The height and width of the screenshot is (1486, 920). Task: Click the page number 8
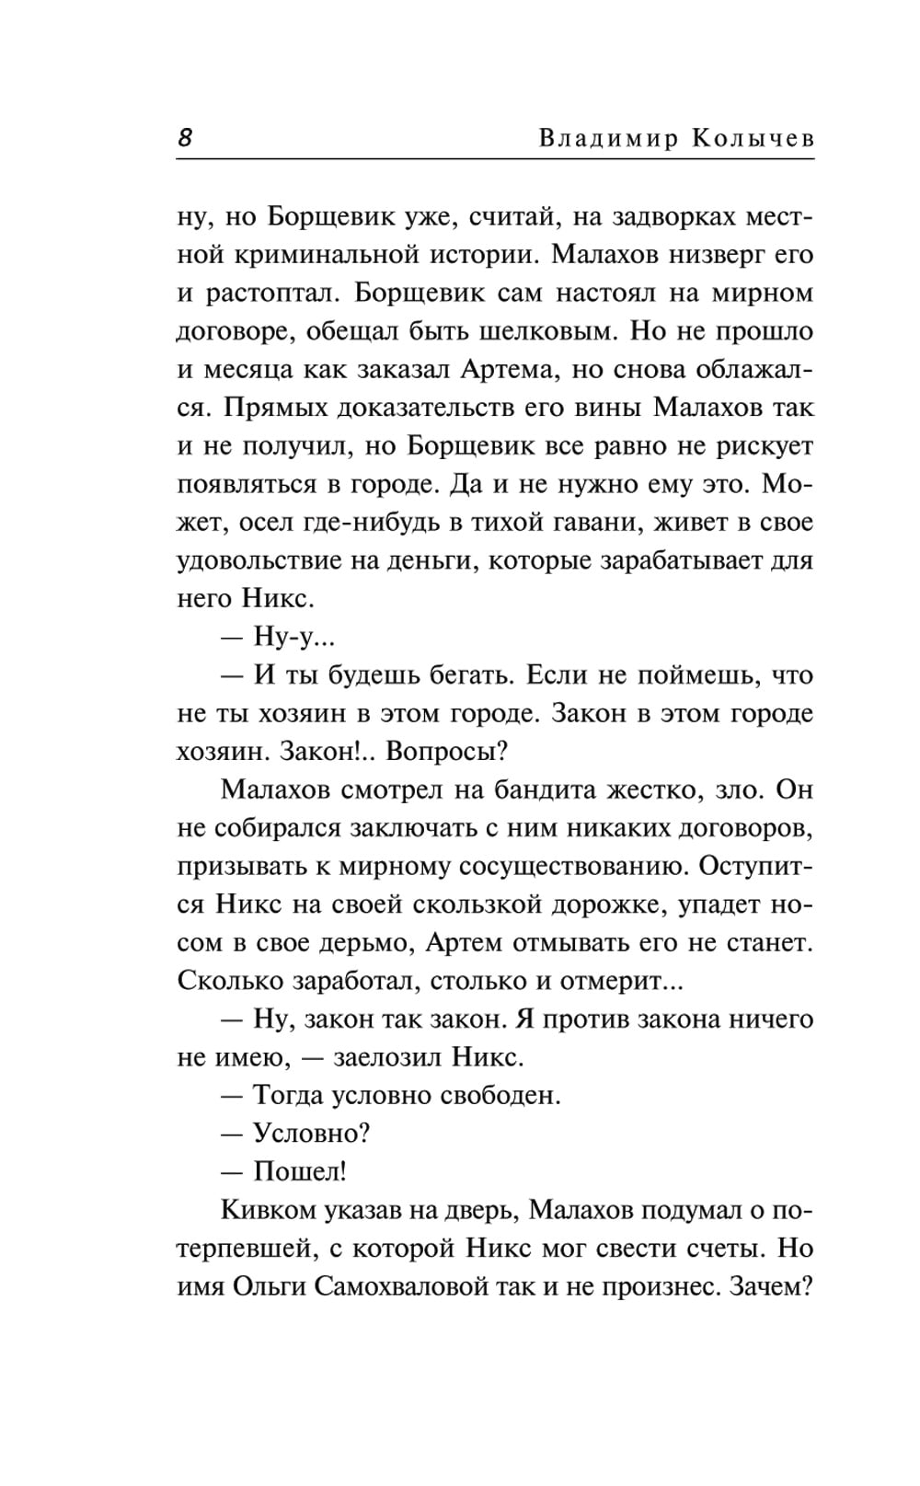[x=184, y=138]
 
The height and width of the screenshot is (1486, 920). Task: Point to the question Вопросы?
[x=447, y=752]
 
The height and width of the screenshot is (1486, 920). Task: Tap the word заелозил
[x=381, y=1057]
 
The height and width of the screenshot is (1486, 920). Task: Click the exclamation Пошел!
[x=299, y=1172]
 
